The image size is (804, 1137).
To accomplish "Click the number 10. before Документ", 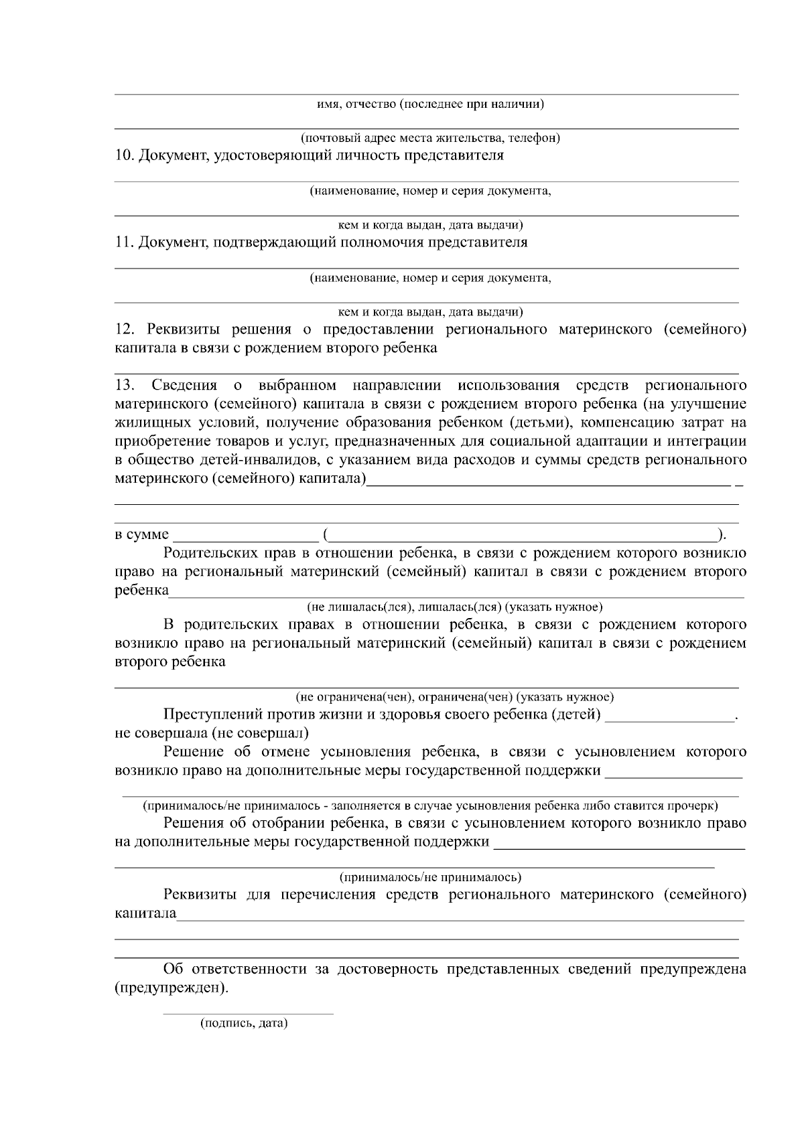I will click(x=125, y=155).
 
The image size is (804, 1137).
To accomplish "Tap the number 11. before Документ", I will click(x=125, y=242).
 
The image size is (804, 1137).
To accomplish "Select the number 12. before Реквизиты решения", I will click(x=125, y=329).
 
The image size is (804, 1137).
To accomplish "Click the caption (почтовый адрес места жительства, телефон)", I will click(x=430, y=138).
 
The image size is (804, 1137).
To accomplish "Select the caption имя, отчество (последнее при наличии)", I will click(x=430, y=104).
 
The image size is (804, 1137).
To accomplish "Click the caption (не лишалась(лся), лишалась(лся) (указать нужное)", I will click(x=455, y=607).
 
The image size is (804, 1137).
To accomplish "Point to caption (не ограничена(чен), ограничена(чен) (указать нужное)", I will click(x=455, y=696).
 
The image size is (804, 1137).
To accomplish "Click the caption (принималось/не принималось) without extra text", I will click(x=430, y=877).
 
